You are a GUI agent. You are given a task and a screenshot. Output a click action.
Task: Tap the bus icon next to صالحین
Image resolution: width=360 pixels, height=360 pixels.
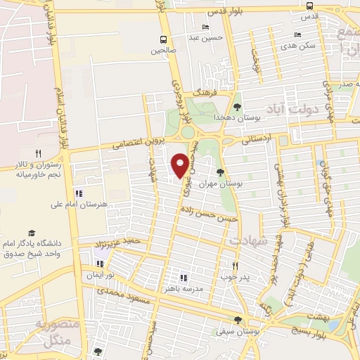(x=163, y=39)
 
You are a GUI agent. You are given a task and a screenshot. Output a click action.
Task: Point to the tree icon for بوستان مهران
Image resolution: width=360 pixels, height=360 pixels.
(x=221, y=172)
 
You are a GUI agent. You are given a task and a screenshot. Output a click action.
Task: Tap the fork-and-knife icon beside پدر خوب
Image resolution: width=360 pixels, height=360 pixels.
(x=236, y=266)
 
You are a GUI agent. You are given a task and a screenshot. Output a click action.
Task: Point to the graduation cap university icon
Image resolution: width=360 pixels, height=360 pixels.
(x=31, y=233)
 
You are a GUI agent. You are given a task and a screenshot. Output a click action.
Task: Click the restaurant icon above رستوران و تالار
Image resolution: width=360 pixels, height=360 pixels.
(x=39, y=153)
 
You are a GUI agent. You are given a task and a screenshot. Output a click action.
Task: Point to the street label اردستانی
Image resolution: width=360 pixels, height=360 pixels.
(x=255, y=141)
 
